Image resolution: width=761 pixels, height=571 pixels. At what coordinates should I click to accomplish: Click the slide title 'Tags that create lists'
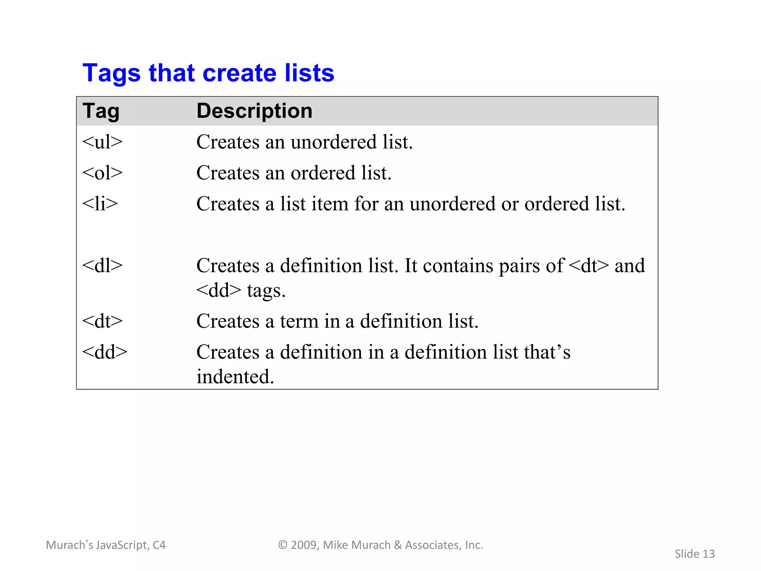coord(208,73)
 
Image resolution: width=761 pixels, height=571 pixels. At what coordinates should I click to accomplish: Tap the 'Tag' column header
coord(101,111)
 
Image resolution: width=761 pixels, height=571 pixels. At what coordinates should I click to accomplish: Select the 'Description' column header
coord(254,111)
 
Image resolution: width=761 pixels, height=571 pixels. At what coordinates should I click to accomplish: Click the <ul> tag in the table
coord(102,142)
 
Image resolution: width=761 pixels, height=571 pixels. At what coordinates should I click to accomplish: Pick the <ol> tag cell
coord(102,173)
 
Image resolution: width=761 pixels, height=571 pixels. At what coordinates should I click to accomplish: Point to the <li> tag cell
coord(100,204)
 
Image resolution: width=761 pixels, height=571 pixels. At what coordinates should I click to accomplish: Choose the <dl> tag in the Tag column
coord(102,265)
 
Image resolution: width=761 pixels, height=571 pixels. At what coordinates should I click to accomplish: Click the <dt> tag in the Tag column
coord(102,321)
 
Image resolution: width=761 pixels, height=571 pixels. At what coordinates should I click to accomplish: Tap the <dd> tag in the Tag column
coord(104,352)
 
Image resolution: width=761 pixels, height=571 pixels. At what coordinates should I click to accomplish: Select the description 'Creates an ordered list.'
coord(294,173)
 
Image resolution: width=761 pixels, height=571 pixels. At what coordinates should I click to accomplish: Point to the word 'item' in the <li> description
coord(330,204)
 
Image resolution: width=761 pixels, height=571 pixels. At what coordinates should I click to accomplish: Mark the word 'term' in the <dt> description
coord(299,321)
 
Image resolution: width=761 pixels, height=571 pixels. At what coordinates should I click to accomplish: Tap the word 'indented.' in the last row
coord(235,377)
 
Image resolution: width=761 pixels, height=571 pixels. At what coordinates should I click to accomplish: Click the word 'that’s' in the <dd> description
coord(547,352)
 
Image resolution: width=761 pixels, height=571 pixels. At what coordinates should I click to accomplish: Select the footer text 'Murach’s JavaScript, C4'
coord(106,545)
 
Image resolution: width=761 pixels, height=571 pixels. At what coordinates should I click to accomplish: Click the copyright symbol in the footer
coord(283,545)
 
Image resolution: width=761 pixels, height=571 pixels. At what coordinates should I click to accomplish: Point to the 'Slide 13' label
coord(694,554)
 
